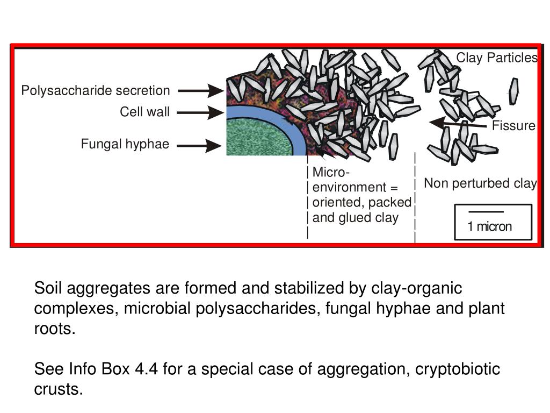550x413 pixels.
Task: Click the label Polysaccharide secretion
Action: [95, 91]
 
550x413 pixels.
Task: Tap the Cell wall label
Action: [144, 112]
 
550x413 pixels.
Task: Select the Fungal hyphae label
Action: [125, 144]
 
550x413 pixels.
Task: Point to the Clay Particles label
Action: [497, 58]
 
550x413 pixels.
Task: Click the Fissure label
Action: [514, 126]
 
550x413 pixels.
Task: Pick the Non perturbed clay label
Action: [480, 183]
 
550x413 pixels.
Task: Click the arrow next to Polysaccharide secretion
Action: [200, 91]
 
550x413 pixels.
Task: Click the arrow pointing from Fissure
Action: [459, 124]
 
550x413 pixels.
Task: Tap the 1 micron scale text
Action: [490, 226]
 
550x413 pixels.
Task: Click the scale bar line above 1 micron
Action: [486, 212]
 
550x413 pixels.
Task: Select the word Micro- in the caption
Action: [331, 172]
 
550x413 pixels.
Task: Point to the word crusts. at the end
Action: [59, 389]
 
